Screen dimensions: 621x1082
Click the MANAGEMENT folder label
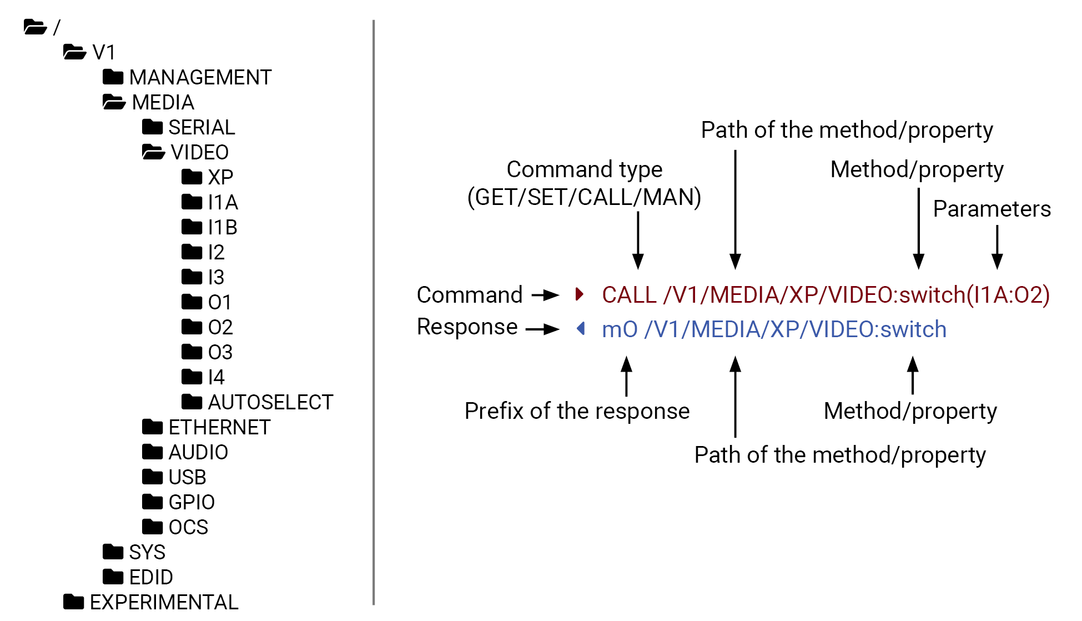pos(200,77)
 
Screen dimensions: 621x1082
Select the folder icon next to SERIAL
pos(152,127)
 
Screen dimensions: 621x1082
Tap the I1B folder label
pos(222,227)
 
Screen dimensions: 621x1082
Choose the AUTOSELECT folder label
pos(270,402)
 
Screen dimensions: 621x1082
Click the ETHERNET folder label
pos(219,427)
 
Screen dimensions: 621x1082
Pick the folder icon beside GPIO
pos(152,502)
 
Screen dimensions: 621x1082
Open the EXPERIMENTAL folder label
pos(164,602)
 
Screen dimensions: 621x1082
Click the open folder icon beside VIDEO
pos(153,152)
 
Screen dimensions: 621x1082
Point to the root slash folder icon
pos(35,27)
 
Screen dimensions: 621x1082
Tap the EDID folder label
pos(150,577)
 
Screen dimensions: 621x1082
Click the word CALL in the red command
pos(629,295)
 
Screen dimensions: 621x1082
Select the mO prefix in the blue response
pos(620,329)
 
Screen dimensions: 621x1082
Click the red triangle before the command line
pos(580,294)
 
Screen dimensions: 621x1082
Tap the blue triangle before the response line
pos(581,328)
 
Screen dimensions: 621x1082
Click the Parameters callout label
pos(992,209)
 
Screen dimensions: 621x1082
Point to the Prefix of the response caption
pos(577,411)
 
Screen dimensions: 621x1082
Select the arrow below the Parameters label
pos(997,247)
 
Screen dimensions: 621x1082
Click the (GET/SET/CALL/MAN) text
pos(584,197)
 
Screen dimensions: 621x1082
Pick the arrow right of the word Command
pos(545,294)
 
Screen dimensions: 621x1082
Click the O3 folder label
pos(220,352)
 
